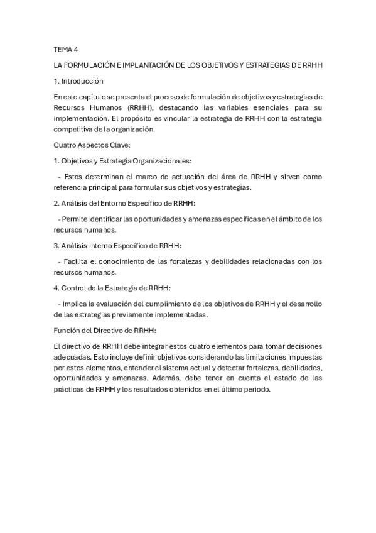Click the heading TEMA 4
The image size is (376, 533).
pyautogui.click(x=65, y=49)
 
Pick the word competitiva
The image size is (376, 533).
pyautogui.click(x=74, y=129)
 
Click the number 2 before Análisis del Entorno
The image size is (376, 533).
pyautogui.click(x=56, y=204)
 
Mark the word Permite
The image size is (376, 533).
pyautogui.click(x=74, y=219)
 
